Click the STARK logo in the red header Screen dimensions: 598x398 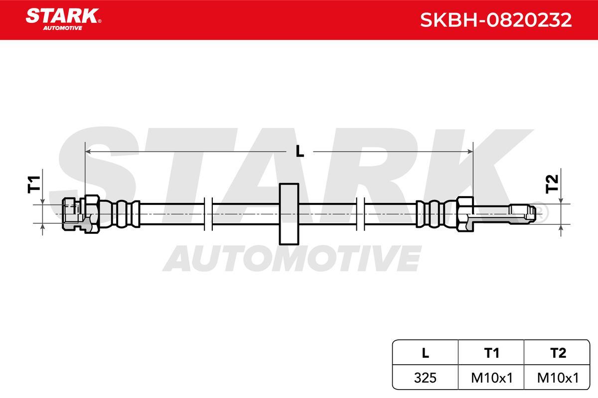pos(63,19)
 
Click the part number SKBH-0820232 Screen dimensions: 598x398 pos(496,20)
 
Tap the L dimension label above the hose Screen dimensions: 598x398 pos(300,151)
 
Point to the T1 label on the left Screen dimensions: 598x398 pos(34,185)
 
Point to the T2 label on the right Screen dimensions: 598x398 pos(552,184)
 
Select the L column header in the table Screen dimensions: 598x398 pos(425,353)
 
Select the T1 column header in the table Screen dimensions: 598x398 pos(491,353)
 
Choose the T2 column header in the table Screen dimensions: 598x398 pos(558,353)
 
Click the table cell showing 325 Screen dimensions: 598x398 pos(425,378)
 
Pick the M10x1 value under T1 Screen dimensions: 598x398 pos(492,378)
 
